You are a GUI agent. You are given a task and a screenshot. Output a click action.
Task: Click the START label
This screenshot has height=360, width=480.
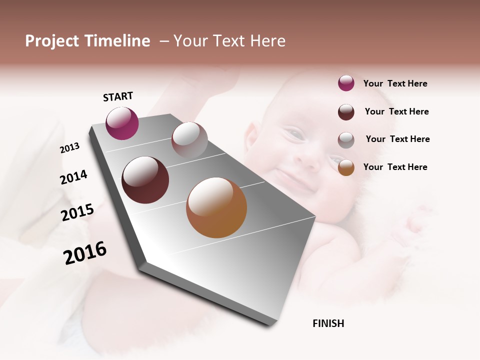click(x=118, y=96)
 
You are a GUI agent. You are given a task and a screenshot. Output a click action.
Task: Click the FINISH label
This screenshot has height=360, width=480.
click(x=328, y=323)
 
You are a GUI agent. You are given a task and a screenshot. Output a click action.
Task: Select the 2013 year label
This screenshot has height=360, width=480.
click(x=69, y=148)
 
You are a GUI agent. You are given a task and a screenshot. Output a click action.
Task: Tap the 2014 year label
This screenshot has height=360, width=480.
click(x=73, y=177)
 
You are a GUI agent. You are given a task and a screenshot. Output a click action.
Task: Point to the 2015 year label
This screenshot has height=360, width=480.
click(x=77, y=212)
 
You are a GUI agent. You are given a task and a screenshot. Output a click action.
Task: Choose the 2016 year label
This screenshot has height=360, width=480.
click(x=85, y=253)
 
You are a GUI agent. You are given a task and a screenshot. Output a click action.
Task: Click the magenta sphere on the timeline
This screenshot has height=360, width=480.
click(x=122, y=123)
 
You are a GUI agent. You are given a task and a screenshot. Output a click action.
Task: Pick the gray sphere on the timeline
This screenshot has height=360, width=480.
click(x=189, y=140)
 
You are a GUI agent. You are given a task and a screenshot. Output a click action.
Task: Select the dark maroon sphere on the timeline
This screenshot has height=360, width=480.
click(x=145, y=180)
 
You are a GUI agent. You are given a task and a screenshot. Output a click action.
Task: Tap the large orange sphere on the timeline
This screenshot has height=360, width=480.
click(x=216, y=207)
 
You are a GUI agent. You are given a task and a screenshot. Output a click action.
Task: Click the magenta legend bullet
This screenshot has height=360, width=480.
click(x=346, y=83)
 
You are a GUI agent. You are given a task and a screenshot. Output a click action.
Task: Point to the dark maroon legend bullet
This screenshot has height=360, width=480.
click(x=346, y=112)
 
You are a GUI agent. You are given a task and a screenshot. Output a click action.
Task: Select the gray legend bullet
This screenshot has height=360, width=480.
click(x=346, y=139)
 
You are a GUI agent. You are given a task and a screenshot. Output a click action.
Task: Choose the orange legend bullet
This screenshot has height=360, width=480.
click(x=346, y=167)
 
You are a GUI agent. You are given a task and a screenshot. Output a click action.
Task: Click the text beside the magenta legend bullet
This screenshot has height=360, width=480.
click(x=395, y=83)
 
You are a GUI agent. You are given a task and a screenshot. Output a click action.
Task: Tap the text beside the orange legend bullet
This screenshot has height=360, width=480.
click(x=395, y=167)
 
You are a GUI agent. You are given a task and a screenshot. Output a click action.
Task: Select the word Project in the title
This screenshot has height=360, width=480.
click(x=51, y=41)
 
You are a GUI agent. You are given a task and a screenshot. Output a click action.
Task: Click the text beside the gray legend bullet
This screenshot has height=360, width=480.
click(x=397, y=139)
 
